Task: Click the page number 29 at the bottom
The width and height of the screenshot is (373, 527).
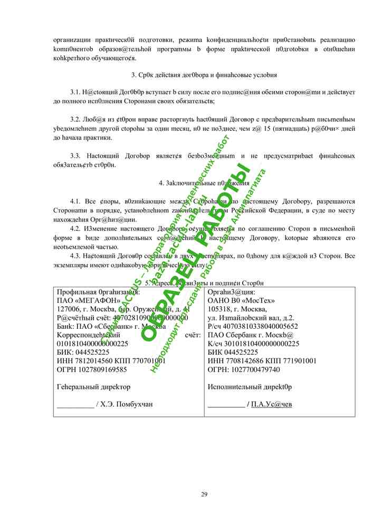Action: (204, 494)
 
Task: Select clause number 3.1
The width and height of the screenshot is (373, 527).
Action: (76, 92)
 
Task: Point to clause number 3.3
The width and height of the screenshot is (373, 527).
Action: (76, 156)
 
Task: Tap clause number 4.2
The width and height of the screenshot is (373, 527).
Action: (76, 228)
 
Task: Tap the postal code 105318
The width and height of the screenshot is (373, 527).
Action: (221, 309)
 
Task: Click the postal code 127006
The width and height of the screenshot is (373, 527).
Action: (69, 309)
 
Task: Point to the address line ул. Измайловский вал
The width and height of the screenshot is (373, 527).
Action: (251, 318)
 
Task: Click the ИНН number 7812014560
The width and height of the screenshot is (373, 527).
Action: (92, 361)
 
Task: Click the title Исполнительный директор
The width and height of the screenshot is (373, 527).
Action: (250, 387)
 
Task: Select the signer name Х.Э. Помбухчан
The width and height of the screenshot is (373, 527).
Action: (127, 404)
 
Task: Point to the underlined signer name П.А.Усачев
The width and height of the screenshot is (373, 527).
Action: (271, 404)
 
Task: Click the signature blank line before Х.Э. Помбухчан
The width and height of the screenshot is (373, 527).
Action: (74, 405)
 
